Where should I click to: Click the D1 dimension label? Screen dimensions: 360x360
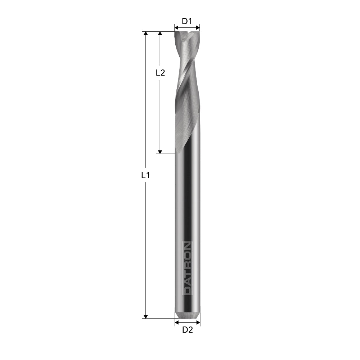pyautogui.click(x=187, y=21)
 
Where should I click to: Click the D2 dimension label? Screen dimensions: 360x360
pyautogui.click(x=188, y=330)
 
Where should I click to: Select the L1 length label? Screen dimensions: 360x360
pyautogui.click(x=145, y=176)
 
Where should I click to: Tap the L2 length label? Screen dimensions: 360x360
pyautogui.click(x=160, y=73)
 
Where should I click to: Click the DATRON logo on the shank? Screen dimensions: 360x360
pyautogui.click(x=188, y=268)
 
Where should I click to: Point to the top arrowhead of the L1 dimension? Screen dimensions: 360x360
pyautogui.click(x=145, y=33)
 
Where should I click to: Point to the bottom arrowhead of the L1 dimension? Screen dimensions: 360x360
pyautogui.click(x=145, y=316)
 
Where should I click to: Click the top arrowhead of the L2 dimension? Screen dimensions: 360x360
pyautogui.click(x=161, y=33)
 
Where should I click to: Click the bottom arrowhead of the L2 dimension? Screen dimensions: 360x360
pyautogui.click(x=161, y=151)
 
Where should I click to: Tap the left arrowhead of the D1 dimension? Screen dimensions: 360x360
pyautogui.click(x=176, y=27)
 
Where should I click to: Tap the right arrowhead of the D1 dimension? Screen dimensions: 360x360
pyautogui.click(x=198, y=27)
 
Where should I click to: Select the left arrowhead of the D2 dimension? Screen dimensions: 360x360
pyautogui.click(x=176, y=323)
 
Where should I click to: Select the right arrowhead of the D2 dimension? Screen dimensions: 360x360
pyautogui.click(x=198, y=323)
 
